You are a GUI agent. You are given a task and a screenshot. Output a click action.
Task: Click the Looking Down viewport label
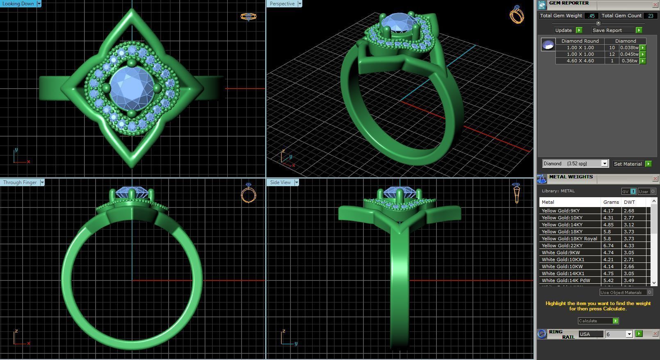[18, 4]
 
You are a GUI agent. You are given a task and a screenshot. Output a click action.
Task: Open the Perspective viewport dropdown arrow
[300, 4]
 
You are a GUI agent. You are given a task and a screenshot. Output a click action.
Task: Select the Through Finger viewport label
[20, 182]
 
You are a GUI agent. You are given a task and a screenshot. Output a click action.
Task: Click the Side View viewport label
[280, 182]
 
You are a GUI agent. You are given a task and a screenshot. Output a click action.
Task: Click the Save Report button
[607, 30]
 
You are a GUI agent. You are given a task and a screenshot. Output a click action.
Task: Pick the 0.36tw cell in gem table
[629, 61]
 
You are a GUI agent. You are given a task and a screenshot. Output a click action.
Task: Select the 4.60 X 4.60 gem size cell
[580, 61]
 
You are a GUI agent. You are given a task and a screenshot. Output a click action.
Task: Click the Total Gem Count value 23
[651, 16]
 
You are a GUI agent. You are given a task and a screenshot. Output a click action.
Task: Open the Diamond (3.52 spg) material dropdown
[604, 164]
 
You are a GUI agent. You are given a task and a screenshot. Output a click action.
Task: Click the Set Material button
[628, 164]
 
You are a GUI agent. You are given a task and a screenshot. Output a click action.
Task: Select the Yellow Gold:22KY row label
[562, 246]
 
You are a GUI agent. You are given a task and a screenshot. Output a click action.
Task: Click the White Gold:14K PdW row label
[566, 280]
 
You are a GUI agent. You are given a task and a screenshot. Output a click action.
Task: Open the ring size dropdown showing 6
[629, 334]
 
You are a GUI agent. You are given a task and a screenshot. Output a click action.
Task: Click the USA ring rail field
[591, 334]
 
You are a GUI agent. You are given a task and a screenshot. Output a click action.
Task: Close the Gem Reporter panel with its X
[655, 5]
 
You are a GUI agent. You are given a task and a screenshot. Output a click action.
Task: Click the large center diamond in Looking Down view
[132, 88]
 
